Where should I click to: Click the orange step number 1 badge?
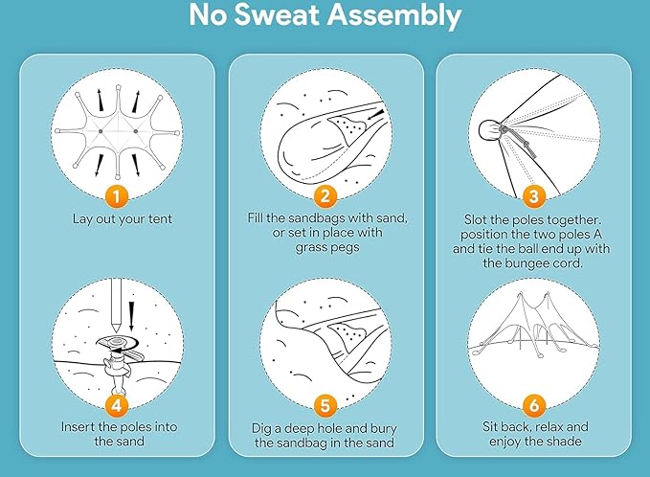117,196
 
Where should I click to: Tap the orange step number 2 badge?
325,196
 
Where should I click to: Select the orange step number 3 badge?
534,196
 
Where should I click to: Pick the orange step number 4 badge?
117,405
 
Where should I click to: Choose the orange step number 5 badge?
325,405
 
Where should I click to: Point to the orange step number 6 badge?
534,405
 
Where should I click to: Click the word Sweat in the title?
279,15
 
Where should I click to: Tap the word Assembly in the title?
395,16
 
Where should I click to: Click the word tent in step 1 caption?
157,219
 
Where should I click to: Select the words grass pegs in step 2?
327,247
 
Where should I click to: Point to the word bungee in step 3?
527,263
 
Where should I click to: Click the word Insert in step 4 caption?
78,427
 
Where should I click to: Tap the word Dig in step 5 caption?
260,429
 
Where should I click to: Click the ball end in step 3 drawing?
489,130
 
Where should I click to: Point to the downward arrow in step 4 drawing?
131,316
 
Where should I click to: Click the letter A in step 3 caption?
597,235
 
